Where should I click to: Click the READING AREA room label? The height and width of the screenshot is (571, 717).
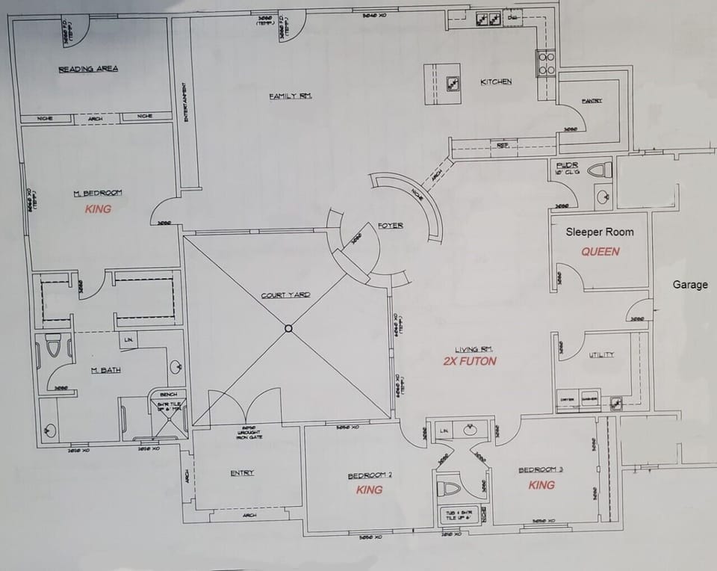88,70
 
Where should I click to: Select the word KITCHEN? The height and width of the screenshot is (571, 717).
496,81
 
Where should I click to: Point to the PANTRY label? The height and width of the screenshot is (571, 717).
592,101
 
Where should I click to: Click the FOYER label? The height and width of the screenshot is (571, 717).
391,225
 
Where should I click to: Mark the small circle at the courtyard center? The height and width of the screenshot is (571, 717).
288,328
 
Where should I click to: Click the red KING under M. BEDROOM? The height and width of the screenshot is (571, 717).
98,209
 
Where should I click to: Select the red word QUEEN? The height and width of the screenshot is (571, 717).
600,252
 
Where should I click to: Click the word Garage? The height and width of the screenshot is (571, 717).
690,285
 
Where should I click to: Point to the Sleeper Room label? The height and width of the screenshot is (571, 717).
600,232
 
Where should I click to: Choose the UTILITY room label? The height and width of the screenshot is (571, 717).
601,354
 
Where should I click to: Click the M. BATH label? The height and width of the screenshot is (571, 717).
106,369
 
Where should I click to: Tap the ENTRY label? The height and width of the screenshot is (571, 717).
242,472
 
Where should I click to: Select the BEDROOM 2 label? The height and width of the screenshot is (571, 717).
370,476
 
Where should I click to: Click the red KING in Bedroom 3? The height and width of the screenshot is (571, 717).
541,485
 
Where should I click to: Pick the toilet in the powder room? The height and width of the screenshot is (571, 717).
599,170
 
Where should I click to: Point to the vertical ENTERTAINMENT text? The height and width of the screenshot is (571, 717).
185,101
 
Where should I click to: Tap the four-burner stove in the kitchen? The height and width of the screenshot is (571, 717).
546,64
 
